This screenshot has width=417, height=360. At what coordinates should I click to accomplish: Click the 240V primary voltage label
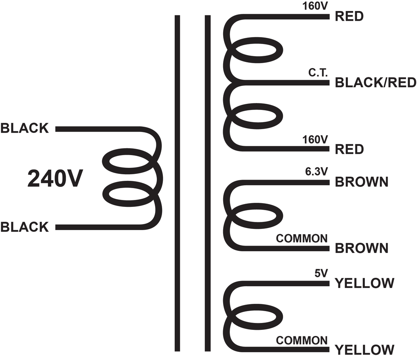coord(55,179)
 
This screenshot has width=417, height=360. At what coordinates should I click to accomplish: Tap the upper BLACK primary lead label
coord(24,128)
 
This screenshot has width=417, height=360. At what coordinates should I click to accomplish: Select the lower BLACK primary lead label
coord(24,227)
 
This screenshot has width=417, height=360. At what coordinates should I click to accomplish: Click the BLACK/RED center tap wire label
coord(375,82)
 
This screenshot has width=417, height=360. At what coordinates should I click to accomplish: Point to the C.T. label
coord(318,72)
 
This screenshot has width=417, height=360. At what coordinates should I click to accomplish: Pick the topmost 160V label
coord(315,6)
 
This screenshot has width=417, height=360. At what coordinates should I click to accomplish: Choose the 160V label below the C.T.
coord(315,139)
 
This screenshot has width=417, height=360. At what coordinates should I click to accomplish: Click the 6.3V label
coord(316,171)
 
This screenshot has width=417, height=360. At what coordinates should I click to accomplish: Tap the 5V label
coord(321,273)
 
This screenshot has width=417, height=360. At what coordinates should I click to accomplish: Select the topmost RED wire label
coord(349,16)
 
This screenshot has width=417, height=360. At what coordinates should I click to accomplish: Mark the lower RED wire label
coord(349,149)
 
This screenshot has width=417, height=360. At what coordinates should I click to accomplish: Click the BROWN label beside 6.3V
coord(362,182)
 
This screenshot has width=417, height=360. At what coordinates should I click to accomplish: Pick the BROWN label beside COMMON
coord(362,248)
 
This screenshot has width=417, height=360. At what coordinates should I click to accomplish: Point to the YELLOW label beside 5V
coord(364,283)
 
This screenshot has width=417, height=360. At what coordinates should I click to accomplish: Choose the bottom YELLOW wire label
coord(364,350)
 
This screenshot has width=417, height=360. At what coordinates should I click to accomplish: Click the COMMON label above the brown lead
coord(302,238)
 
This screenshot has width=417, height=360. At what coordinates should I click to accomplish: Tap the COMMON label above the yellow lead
coord(302,340)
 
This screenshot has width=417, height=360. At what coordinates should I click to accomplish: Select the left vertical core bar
coord(178,183)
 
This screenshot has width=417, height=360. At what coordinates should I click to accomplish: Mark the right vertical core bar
coord(208,183)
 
